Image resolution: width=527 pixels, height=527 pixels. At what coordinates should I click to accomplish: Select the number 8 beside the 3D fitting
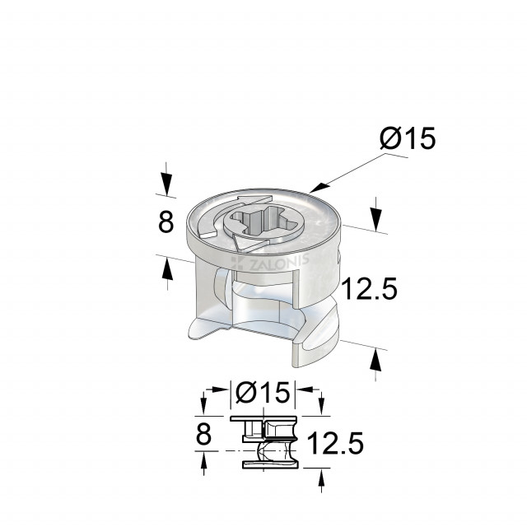pyautogui.click(x=166, y=222)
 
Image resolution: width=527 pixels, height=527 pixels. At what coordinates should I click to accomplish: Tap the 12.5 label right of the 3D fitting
pyautogui.click(x=370, y=289)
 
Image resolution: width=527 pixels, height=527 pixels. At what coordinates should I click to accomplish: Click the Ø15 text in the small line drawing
pyautogui.click(x=262, y=394)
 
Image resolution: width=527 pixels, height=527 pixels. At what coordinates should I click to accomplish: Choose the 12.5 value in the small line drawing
pyautogui.click(x=335, y=445)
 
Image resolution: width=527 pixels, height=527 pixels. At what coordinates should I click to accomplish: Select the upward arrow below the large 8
pyautogui.click(x=167, y=269)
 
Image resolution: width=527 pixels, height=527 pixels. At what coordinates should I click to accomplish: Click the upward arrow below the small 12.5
pyautogui.click(x=320, y=480)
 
